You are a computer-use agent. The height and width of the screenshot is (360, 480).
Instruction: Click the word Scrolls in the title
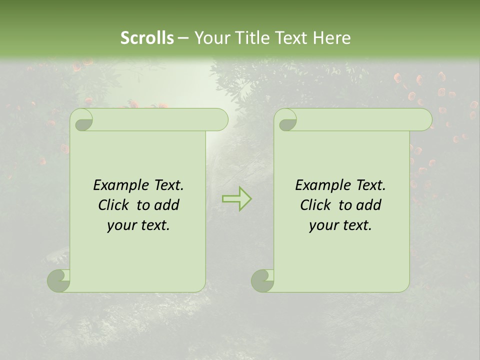click(147, 38)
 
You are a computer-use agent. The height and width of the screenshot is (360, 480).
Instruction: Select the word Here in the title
click(332, 38)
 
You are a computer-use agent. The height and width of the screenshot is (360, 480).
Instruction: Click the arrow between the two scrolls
click(236, 198)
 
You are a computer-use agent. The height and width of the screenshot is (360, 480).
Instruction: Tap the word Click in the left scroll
click(113, 205)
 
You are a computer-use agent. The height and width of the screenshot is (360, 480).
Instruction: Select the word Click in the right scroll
click(315, 205)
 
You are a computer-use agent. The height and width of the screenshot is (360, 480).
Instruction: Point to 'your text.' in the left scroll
click(138, 225)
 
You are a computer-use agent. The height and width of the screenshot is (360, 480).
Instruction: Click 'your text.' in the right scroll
click(340, 225)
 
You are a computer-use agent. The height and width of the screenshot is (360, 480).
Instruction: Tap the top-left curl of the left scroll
click(83, 120)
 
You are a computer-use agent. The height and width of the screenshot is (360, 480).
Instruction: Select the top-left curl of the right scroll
click(287, 120)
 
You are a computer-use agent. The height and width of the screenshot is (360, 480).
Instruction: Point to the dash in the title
click(183, 38)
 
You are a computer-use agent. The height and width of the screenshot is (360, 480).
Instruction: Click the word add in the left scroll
click(167, 205)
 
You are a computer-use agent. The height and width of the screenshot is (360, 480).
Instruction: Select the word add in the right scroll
click(369, 205)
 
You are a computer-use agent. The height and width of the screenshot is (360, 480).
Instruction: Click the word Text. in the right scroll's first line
click(370, 185)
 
